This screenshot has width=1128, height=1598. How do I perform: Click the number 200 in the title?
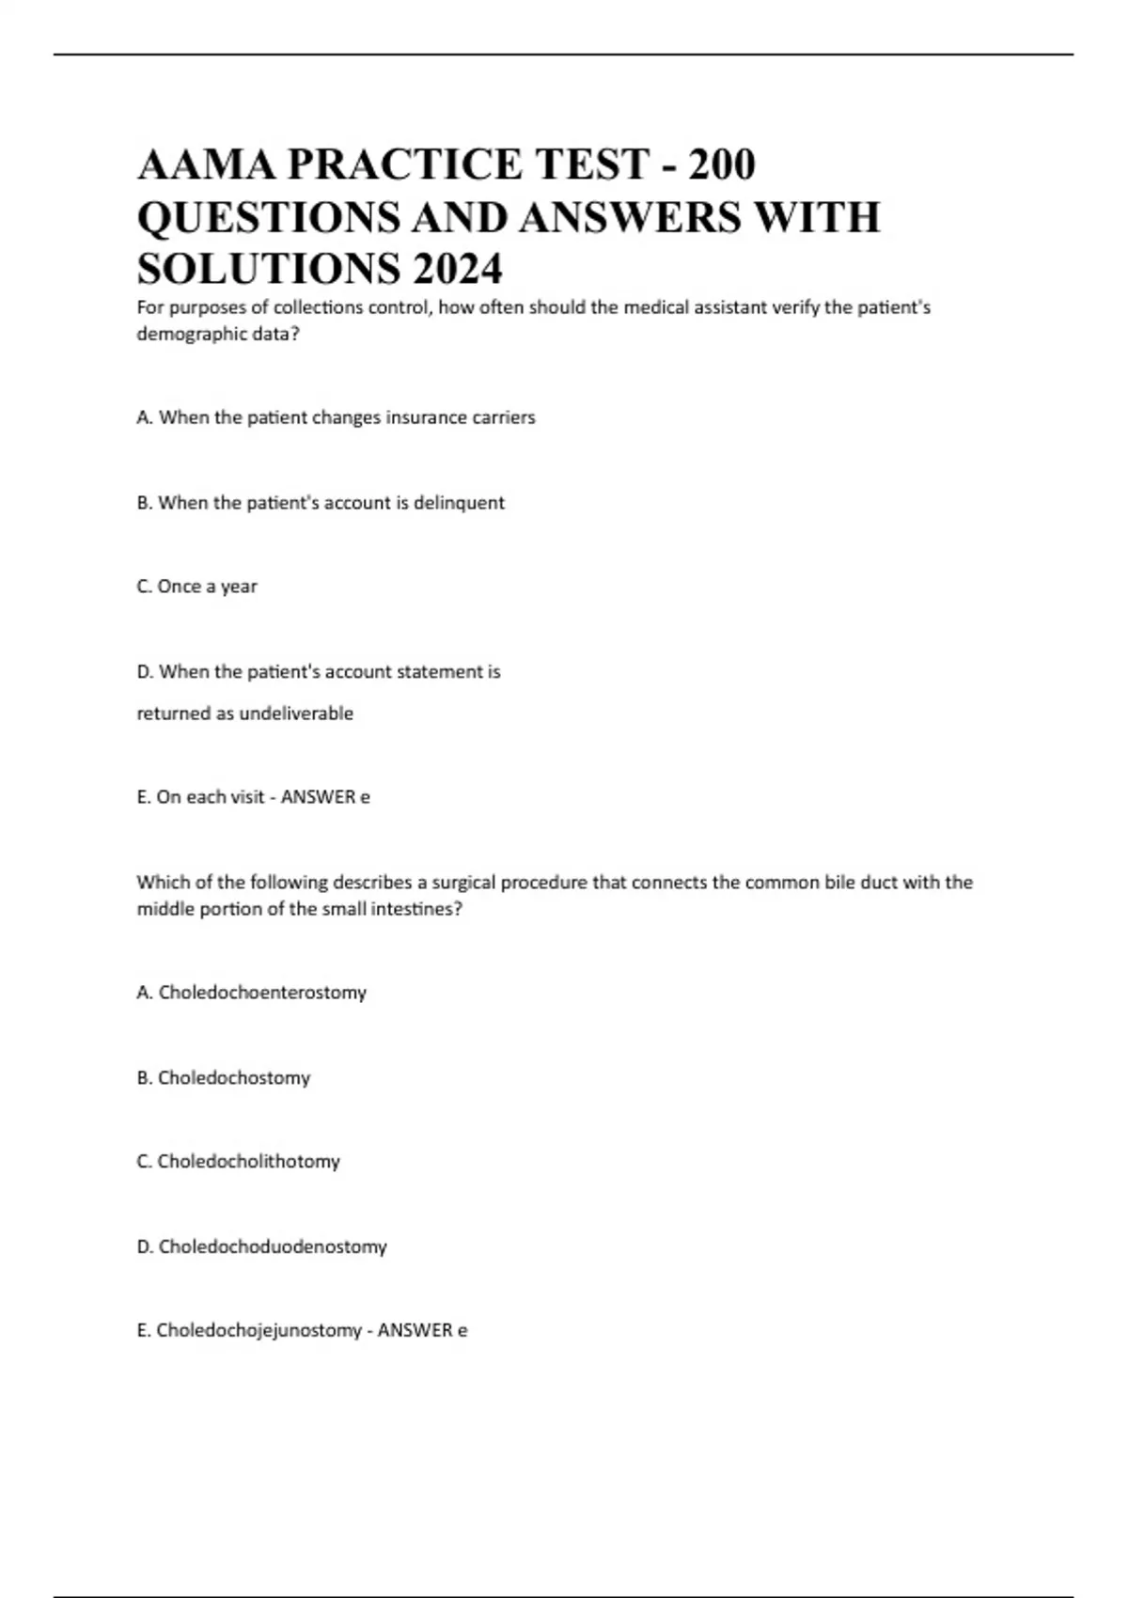(x=721, y=164)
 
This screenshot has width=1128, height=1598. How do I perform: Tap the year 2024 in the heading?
(x=456, y=270)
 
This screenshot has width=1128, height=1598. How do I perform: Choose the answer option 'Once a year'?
(x=207, y=587)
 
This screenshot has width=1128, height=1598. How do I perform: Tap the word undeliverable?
(x=296, y=713)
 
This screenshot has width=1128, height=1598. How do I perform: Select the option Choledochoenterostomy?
(x=262, y=993)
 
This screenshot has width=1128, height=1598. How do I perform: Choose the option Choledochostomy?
(x=233, y=1078)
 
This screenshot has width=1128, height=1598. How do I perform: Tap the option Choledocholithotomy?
(x=248, y=1162)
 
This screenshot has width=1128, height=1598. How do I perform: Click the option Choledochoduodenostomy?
(x=273, y=1247)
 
